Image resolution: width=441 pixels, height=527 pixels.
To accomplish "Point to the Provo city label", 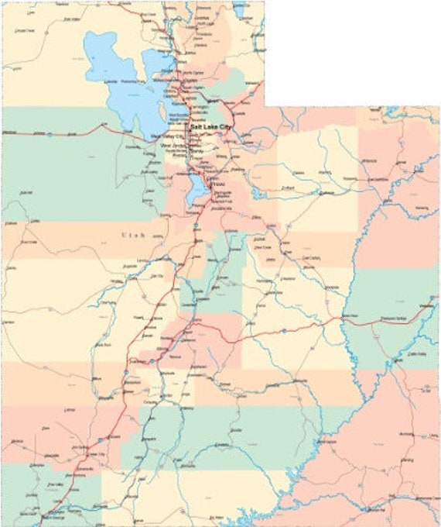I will (218, 184).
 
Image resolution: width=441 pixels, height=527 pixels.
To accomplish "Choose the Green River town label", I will (350, 316).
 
